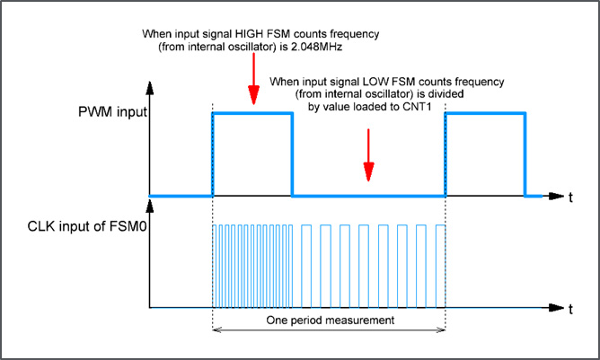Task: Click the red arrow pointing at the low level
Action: tap(367, 154)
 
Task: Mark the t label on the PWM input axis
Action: tap(570, 196)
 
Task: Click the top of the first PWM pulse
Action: tap(251, 113)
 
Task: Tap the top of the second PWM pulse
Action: tap(484, 113)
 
